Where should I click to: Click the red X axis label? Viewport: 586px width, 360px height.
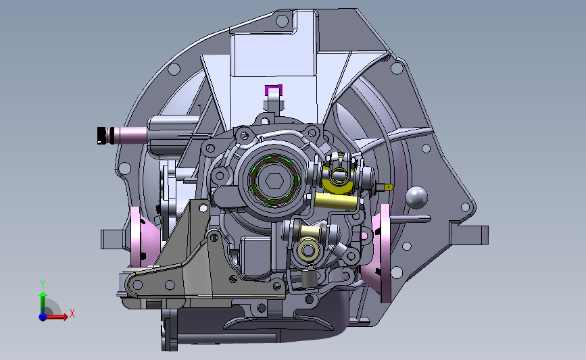(72, 313)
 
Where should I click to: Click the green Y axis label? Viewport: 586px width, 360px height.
(43, 284)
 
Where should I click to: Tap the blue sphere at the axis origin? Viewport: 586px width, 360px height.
(43, 317)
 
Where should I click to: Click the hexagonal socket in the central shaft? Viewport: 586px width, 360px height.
(274, 181)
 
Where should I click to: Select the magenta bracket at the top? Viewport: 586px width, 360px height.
(274, 90)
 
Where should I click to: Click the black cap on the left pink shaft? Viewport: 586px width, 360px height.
(101, 135)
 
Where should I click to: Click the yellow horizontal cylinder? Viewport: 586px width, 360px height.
(336, 201)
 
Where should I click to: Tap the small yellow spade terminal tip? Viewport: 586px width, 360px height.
(389, 186)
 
